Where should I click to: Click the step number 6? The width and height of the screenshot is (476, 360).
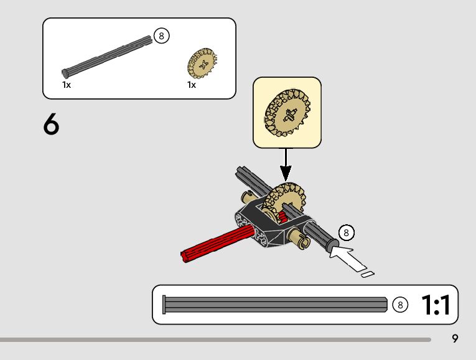pyautogui.click(x=52, y=125)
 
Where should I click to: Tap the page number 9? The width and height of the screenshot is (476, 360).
pyautogui.click(x=455, y=339)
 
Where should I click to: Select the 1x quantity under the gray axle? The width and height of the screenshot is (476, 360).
pyautogui.click(x=67, y=85)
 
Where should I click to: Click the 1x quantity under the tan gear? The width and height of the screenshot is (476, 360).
pyautogui.click(x=192, y=85)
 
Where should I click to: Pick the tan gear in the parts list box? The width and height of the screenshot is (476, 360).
pyautogui.click(x=201, y=64)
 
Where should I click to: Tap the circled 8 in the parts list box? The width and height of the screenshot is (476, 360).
pyautogui.click(x=161, y=36)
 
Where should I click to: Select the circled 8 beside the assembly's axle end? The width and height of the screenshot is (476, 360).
pyautogui.click(x=347, y=233)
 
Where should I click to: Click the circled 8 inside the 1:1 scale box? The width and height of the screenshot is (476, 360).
pyautogui.click(x=401, y=305)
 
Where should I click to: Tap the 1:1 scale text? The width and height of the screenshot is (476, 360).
pyautogui.click(x=436, y=305)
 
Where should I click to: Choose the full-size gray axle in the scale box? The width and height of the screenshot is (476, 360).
pyautogui.click(x=274, y=305)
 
